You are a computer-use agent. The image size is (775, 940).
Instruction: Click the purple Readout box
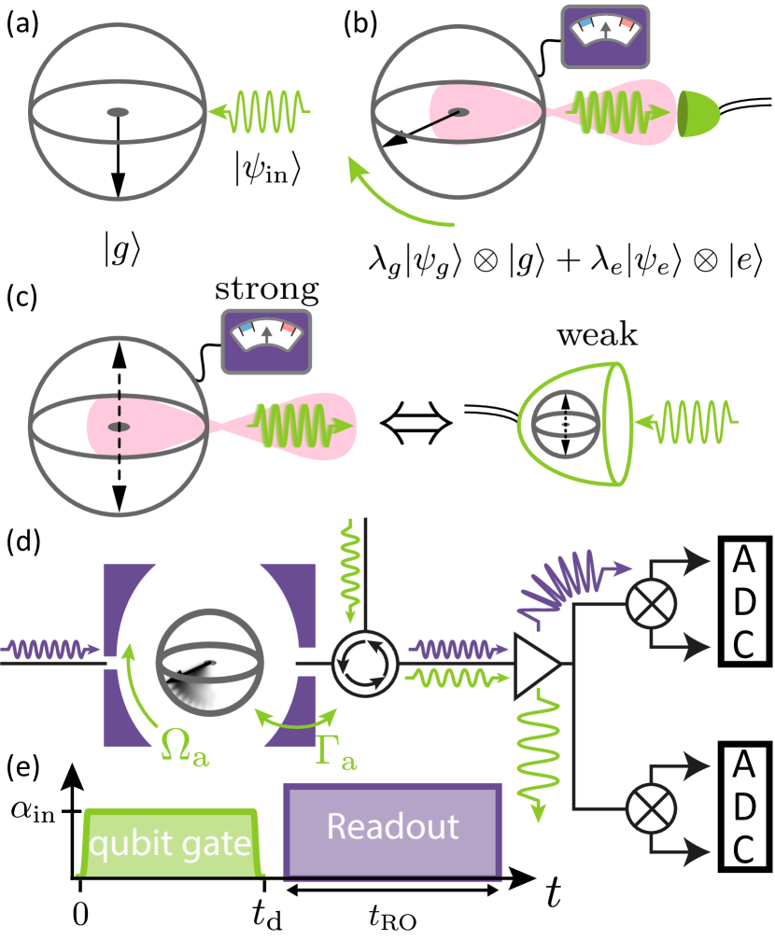tap(392, 829)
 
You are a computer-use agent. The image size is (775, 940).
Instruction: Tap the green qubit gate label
tap(170, 844)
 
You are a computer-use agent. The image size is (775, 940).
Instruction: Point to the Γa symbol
tap(335, 751)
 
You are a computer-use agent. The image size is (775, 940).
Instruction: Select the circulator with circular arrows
tap(366, 664)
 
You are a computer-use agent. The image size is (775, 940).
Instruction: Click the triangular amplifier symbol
tap(536, 665)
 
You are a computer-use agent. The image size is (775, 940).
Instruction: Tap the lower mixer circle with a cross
tap(650, 806)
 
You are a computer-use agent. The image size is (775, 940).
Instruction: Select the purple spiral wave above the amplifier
tap(560, 582)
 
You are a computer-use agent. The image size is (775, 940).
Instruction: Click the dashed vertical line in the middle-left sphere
tap(119, 426)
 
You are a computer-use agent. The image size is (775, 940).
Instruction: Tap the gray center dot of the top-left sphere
tap(118, 112)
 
